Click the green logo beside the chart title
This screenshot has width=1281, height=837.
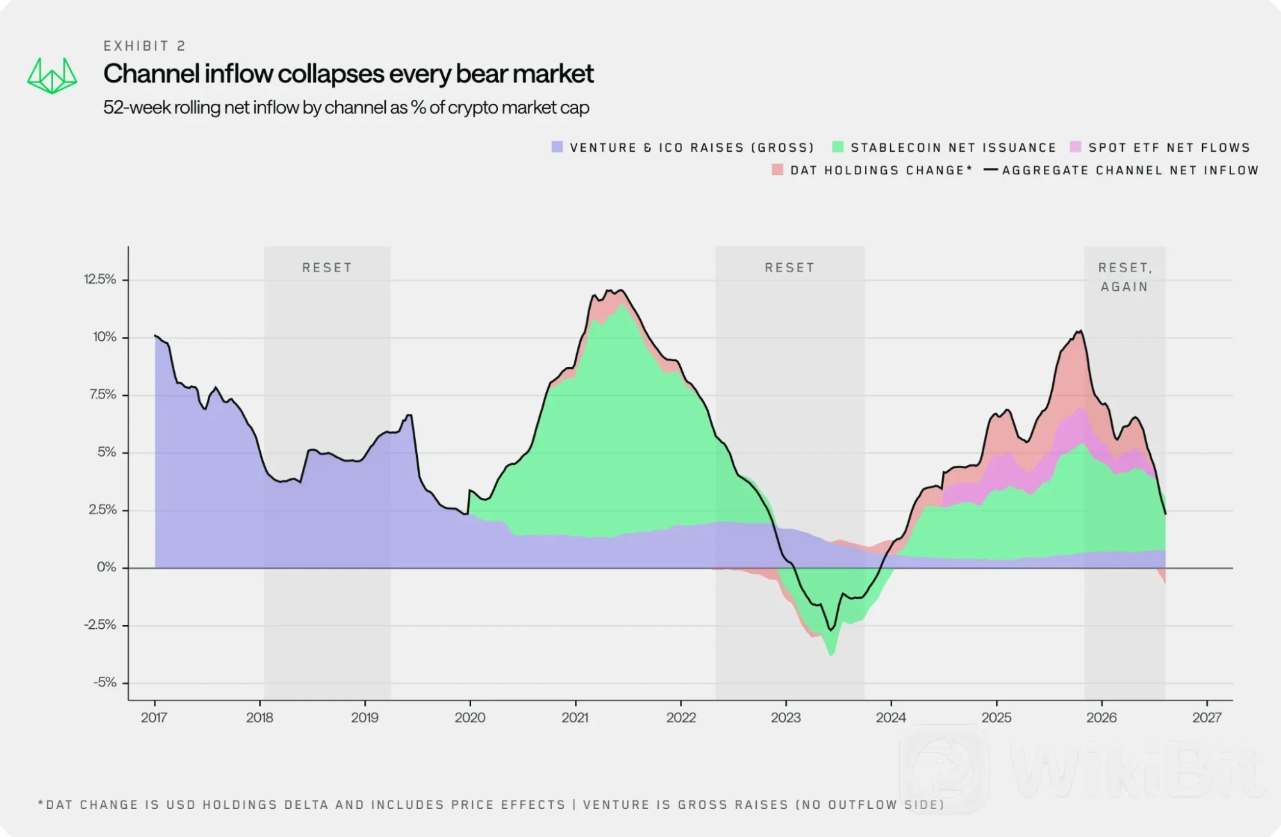(52, 76)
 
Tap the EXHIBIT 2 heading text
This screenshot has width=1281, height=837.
(145, 46)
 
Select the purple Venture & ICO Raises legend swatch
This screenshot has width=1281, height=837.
(557, 147)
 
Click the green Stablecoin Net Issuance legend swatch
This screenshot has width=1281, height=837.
(838, 147)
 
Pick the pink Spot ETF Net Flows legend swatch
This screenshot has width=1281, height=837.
(1075, 147)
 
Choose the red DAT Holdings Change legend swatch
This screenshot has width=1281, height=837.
(777, 170)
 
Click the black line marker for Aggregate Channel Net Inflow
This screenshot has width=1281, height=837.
(991, 170)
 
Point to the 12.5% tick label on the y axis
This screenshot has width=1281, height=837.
(100, 279)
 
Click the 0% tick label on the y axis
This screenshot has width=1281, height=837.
(106, 567)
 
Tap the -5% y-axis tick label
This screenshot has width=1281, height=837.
(105, 683)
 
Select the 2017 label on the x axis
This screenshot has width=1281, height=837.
(154, 718)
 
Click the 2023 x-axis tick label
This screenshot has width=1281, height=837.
(786, 718)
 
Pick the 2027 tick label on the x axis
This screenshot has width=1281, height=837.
(1207, 718)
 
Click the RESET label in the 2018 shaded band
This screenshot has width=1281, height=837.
(327, 268)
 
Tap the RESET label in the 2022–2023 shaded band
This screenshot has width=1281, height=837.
(789, 268)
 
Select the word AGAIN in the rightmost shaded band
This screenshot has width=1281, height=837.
(1124, 287)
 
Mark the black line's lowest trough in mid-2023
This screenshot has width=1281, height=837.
(831, 630)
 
